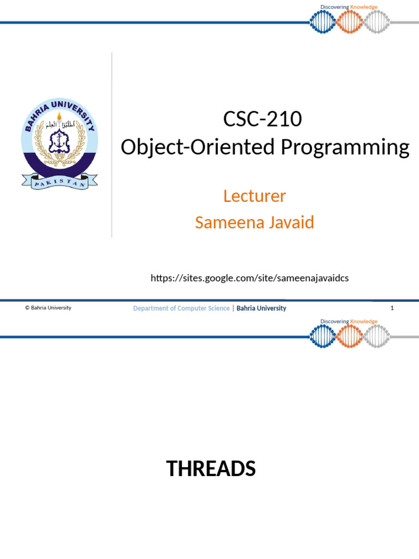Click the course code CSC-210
pos(262,119)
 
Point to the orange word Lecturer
pos(254,196)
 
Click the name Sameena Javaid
pos(254,223)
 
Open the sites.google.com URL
pos(249,278)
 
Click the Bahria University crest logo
pos(59,145)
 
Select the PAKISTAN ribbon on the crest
pos(59,182)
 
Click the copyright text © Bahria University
pos(48,308)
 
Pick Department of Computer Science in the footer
pos(181,308)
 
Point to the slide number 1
pos(392,308)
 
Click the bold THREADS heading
pos(211,469)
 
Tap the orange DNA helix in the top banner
pos(350,22)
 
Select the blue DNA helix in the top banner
pos(322,22)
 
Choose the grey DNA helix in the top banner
pos(376,22)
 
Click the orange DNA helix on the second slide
pos(350,336)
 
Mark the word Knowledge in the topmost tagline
pos(364,7)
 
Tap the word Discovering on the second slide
pos(334,322)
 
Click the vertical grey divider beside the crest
pos(112,145)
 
